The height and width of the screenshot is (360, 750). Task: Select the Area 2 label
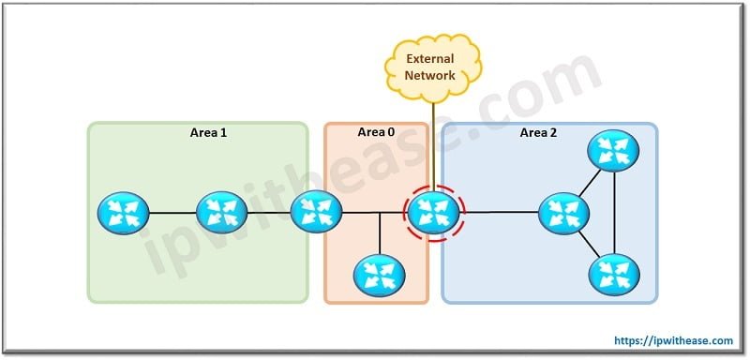click(538, 133)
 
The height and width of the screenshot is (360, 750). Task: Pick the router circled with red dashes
click(433, 212)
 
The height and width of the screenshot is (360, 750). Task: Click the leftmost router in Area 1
click(123, 213)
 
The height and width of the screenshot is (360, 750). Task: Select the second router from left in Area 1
click(221, 213)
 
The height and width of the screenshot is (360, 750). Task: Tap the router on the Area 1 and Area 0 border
click(315, 212)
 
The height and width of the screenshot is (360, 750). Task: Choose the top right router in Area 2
click(613, 150)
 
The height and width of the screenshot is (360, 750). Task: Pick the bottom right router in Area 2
click(613, 274)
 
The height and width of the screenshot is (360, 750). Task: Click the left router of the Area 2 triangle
click(564, 213)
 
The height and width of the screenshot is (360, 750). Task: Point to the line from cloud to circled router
click(433, 141)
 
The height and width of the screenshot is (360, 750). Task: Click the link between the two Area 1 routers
click(172, 213)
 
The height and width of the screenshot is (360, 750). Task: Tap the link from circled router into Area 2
click(502, 213)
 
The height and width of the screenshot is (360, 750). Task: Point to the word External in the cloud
click(432, 58)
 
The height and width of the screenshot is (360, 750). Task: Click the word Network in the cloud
click(432, 75)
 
